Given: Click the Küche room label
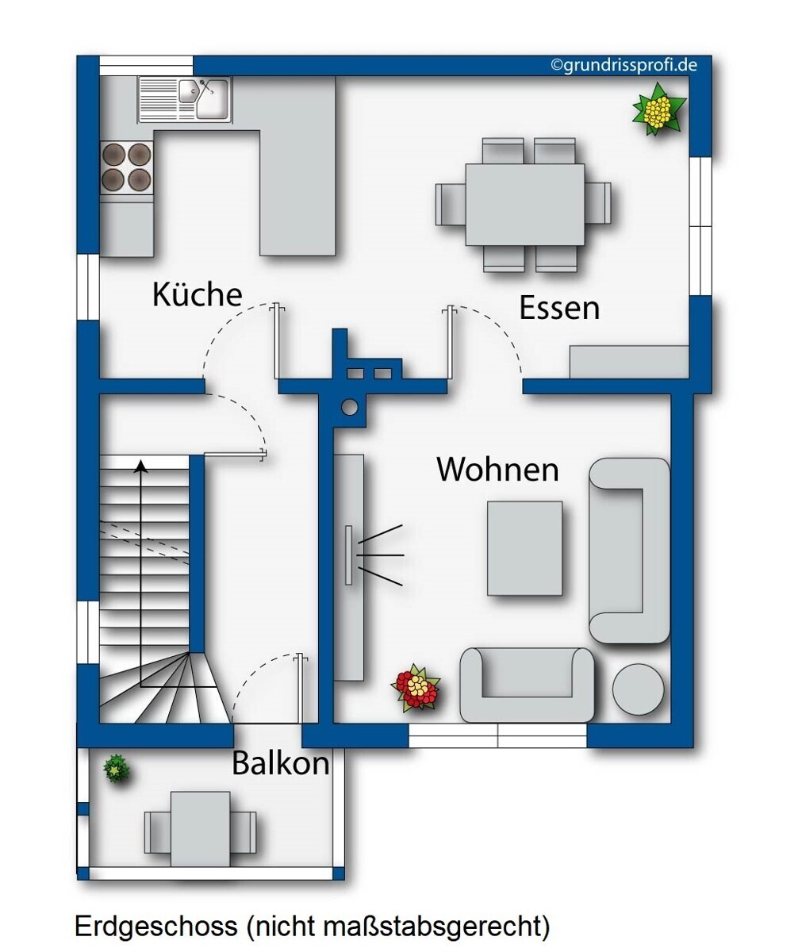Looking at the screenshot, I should tap(197, 294).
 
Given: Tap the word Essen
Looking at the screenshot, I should tap(558, 308).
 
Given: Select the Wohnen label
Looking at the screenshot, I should tap(497, 469).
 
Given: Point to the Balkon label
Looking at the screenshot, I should tap(280, 763).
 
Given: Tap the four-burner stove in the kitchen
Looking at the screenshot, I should tap(127, 167).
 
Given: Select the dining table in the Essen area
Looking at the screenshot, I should tap(524, 204).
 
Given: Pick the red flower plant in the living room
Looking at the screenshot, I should tap(416, 688).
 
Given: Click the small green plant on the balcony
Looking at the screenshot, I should tap(117, 769).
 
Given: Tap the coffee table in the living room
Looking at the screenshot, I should tap(524, 548).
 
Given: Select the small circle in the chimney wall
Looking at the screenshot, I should tap(349, 408).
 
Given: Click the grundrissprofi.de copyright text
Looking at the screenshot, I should tap(624, 65).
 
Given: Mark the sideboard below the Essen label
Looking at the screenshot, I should tap(628, 362).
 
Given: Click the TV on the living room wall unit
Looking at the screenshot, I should tap(348, 555).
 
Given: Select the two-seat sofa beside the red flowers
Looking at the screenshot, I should tap(527, 685).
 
